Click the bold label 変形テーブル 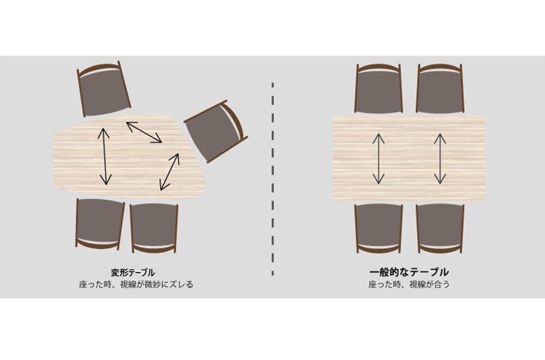coord(133,272)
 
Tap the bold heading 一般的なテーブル coord(409,272)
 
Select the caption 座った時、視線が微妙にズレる coord(136,285)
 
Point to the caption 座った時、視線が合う coord(409,285)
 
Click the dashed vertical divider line coord(273,179)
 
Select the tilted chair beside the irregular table coord(216,131)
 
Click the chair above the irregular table coord(104,89)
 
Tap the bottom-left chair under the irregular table coord(100,223)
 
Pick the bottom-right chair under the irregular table coord(154,228)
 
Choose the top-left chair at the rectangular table coord(379,88)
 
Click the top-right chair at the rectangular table coord(440,88)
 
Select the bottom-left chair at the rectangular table coord(379,229)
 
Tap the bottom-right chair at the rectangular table coord(440,229)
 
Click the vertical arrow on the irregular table coord(104,157)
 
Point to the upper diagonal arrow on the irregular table coord(144,132)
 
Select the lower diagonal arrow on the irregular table coord(169,172)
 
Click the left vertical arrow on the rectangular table coord(379,159)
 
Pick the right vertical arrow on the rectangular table coord(440,159)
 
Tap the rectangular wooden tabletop coord(409,159)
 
